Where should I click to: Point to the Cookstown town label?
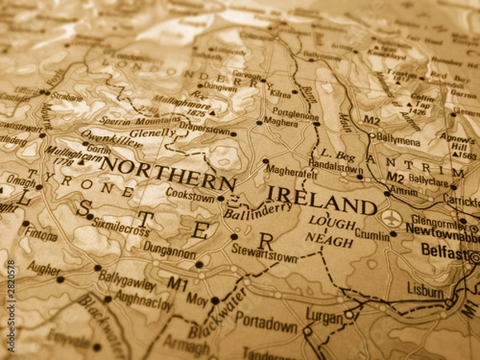tap(190, 194)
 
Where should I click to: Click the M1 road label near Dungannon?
tap(178, 284)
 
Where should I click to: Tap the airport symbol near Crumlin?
tap(391, 218)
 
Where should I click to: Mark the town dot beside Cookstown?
tap(221, 198)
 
